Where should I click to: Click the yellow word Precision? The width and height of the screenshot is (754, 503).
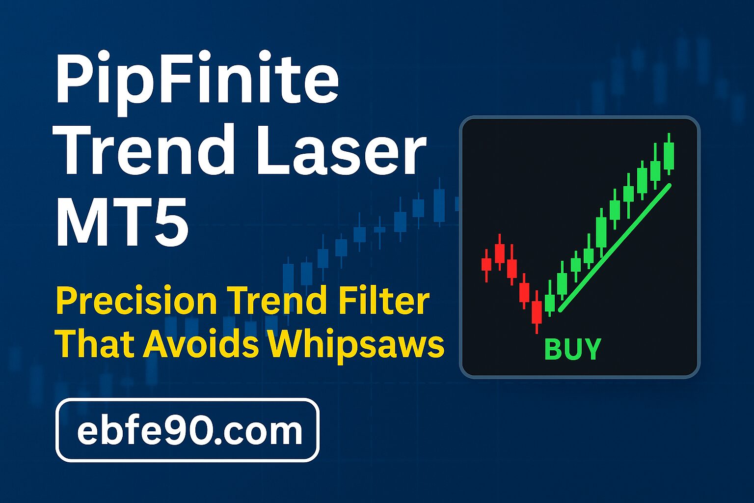pyautogui.click(x=136, y=301)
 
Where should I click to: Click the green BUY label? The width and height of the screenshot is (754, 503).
pyautogui.click(x=572, y=349)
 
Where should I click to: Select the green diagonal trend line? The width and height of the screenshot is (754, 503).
pyautogui.click(x=615, y=248)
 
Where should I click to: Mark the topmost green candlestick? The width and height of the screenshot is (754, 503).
pyautogui.click(x=669, y=154)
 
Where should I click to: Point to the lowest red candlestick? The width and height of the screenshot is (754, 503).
pyautogui.click(x=537, y=312)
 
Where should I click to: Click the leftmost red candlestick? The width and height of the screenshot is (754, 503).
pyautogui.click(x=486, y=265)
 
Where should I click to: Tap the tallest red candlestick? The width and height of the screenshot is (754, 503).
pyautogui.click(x=537, y=312)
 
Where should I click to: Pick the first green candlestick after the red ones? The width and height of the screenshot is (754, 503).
pyautogui.click(x=550, y=298)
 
